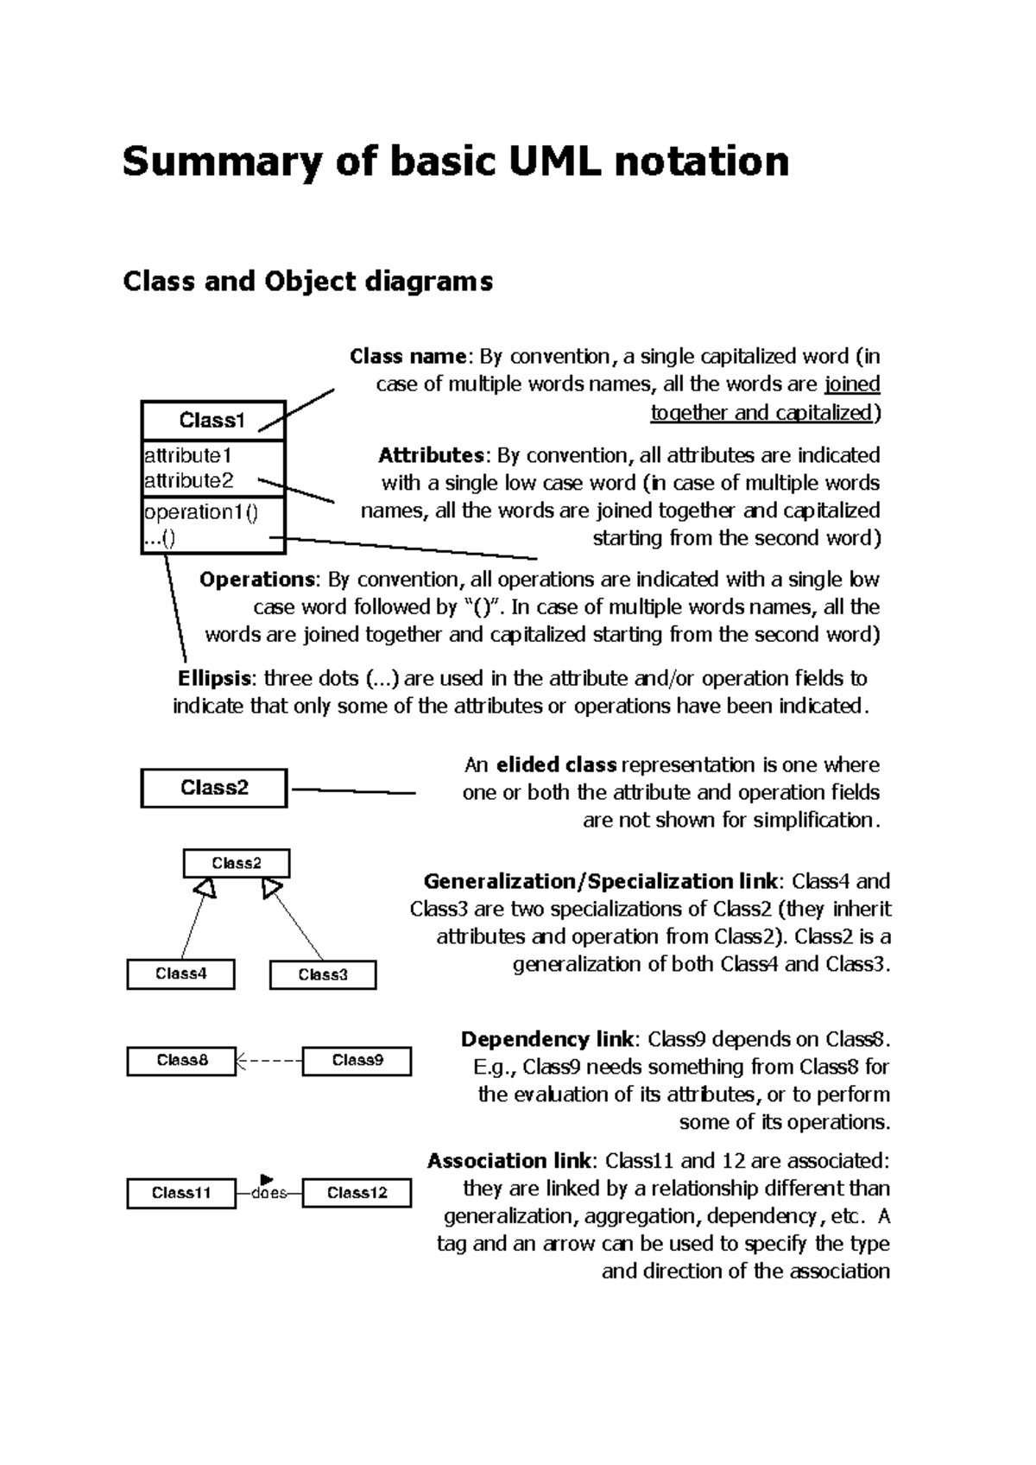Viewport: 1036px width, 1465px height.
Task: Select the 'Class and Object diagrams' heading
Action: click(307, 281)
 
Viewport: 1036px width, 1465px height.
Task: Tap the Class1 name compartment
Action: click(212, 421)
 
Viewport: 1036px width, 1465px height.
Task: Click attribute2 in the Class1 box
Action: click(188, 480)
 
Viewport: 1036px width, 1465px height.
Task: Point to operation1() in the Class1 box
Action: click(200, 512)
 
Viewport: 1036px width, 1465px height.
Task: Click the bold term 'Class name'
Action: click(407, 356)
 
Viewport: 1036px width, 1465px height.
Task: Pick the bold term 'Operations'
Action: click(257, 579)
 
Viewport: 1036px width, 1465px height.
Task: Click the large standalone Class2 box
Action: click(213, 788)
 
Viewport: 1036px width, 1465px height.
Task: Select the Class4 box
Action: click(180, 974)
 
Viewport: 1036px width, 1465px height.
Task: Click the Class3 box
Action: click(323, 975)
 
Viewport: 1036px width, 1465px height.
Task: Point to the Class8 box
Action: click(181, 1061)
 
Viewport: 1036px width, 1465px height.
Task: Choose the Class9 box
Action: click(357, 1061)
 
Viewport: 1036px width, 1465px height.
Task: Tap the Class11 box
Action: click(181, 1193)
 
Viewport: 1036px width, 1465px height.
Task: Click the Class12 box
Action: click(357, 1193)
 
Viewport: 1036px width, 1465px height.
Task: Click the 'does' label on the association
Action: click(268, 1194)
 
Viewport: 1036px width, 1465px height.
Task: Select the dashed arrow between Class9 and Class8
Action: click(269, 1061)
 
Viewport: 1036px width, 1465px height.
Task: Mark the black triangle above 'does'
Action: click(266, 1178)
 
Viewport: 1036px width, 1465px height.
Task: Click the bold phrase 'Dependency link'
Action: click(547, 1039)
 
